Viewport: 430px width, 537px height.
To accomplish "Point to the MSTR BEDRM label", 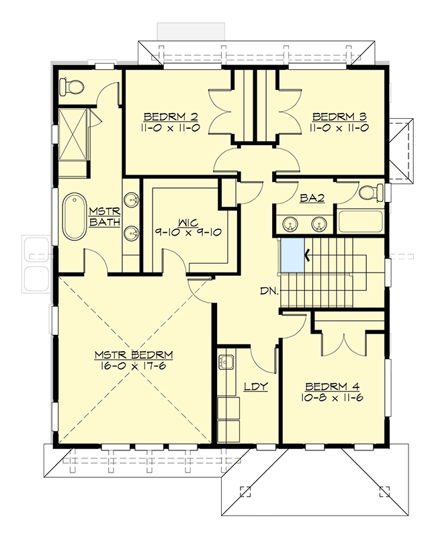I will [134, 354].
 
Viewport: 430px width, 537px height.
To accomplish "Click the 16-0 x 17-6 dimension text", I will [134, 366].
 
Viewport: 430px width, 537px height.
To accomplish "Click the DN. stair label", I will [271, 292].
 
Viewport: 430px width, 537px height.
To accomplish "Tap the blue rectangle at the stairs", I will [292, 255].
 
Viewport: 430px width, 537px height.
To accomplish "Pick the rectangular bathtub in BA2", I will [357, 222].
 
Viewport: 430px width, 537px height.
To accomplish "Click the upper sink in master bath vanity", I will [132, 200].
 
